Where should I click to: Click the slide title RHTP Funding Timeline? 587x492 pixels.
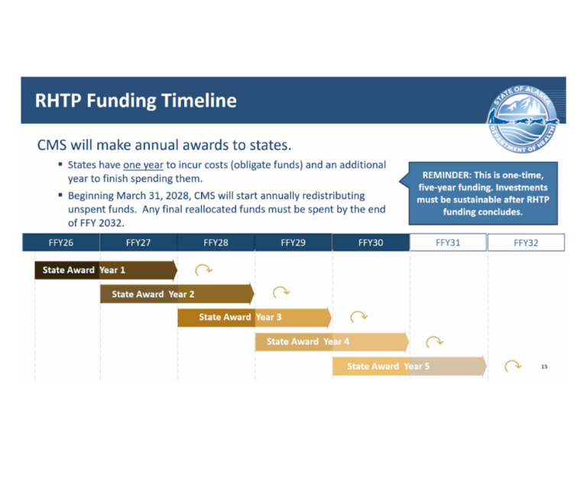point(136,101)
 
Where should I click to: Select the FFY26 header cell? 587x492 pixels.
point(60,243)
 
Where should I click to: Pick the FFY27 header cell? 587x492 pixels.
point(138,243)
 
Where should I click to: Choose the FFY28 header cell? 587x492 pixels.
point(216,243)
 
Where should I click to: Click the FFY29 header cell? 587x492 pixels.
point(293,243)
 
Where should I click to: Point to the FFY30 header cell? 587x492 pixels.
point(371,243)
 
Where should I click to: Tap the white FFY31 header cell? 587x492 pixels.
point(449,243)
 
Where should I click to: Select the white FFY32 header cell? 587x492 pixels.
point(526,243)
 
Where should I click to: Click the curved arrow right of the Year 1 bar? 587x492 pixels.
point(204,270)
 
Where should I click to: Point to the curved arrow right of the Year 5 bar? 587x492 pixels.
point(513,366)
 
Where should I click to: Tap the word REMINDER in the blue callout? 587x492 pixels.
point(444,175)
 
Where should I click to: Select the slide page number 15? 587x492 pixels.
point(544,367)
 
